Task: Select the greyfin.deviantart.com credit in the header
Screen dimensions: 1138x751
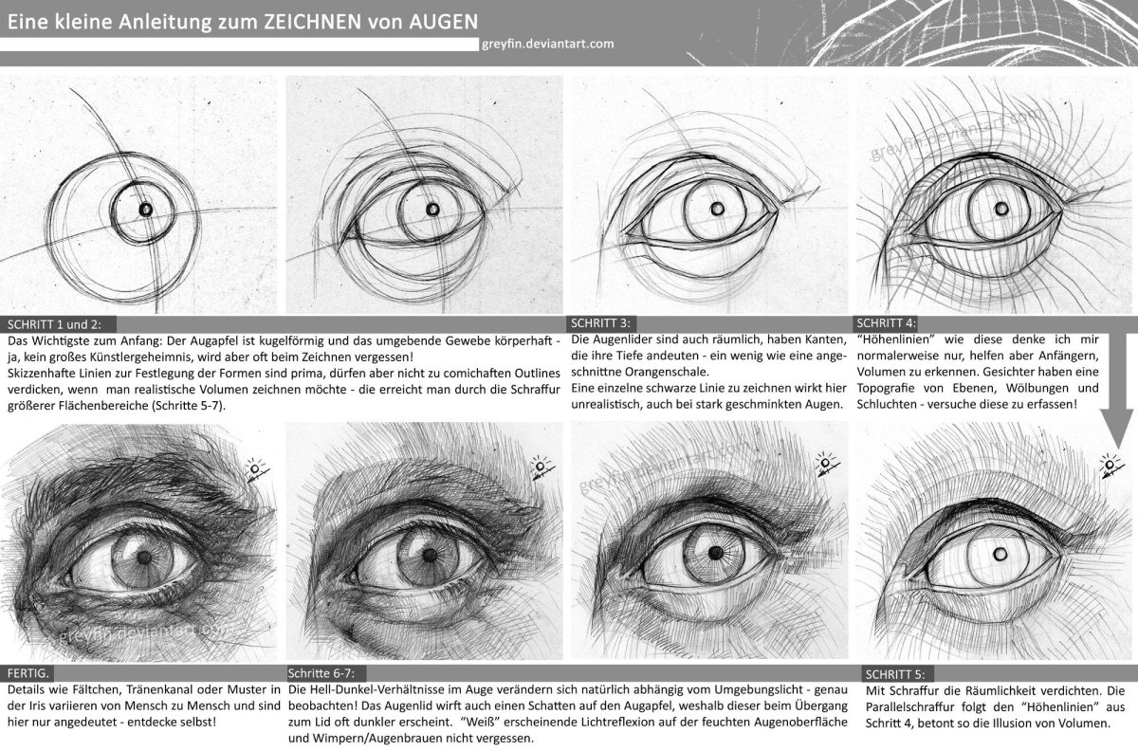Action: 548,45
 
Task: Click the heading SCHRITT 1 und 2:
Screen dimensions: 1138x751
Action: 54,324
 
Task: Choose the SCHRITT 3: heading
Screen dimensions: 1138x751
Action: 600,323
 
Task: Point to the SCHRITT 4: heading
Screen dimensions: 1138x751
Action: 886,323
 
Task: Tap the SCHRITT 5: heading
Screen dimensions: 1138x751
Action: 895,674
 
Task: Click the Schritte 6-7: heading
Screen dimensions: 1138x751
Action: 321,674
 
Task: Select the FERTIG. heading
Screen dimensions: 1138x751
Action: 28,674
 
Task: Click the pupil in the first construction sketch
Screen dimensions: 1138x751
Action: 146,209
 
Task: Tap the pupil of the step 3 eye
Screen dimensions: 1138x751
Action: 718,209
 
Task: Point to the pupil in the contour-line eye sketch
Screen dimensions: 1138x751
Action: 1001,209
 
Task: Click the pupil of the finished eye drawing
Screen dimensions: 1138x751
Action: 144,558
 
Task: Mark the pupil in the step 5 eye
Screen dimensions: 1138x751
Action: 1000,555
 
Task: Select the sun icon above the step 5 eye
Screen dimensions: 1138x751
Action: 1109,465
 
